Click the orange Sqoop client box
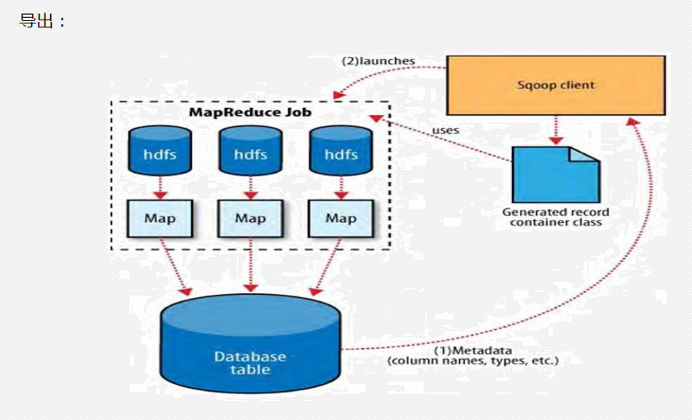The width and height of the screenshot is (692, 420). tap(556, 85)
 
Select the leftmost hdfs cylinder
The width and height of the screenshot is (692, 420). tap(160, 153)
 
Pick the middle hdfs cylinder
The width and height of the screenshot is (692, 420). tap(250, 153)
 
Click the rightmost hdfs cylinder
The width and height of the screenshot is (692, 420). tap(341, 153)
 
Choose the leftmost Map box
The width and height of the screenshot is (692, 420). tap(160, 217)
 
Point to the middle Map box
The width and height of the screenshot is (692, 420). tap(250, 217)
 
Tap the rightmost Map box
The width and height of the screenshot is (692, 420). tap(341, 217)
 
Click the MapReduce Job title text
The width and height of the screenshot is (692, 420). tap(250, 113)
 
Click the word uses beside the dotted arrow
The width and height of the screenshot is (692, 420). tap(445, 130)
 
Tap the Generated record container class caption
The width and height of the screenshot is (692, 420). tap(556, 217)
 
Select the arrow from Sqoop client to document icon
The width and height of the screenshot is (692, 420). tap(556, 129)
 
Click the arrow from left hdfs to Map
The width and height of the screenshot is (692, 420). tap(160, 186)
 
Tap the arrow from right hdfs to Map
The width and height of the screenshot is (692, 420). tap(341, 186)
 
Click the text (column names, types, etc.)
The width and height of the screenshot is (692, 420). tap(474, 361)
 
